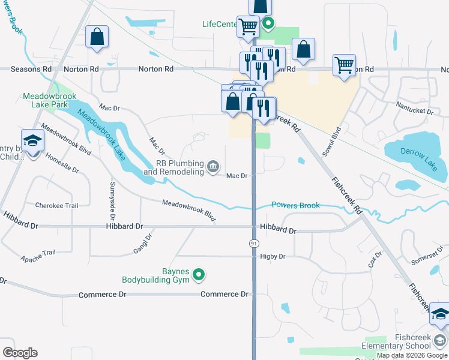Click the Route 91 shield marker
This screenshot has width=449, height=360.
(x=254, y=243)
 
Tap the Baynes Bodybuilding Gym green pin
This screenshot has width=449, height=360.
(x=200, y=275)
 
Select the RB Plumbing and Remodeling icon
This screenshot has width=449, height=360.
(x=213, y=166)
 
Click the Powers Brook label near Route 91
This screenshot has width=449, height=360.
(x=295, y=205)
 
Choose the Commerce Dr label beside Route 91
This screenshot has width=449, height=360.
(x=224, y=294)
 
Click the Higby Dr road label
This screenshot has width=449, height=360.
(x=273, y=256)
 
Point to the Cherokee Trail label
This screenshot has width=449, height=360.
(x=56, y=205)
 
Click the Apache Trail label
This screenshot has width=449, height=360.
(x=38, y=256)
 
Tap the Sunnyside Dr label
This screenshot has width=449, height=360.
(x=112, y=199)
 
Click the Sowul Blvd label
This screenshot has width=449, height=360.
(x=331, y=142)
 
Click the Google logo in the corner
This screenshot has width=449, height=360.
(x=20, y=353)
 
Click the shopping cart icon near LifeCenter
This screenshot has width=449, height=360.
(x=247, y=26)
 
